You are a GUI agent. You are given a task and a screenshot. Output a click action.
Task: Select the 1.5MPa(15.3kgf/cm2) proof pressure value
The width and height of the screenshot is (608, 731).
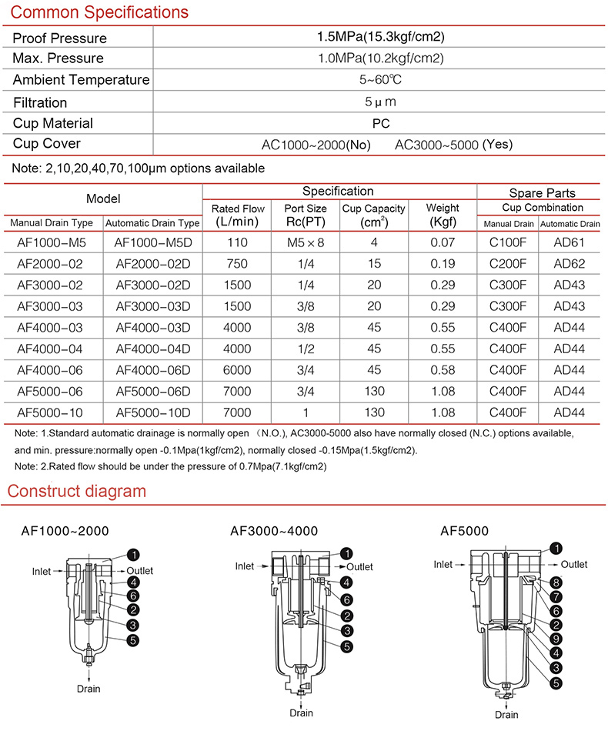point(382,37)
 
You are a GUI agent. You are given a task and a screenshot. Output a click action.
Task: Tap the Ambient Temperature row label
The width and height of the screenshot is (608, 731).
point(81,80)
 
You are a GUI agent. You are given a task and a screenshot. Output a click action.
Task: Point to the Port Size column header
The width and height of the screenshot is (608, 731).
point(306,215)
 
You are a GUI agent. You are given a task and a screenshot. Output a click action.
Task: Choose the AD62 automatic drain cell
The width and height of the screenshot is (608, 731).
point(570,264)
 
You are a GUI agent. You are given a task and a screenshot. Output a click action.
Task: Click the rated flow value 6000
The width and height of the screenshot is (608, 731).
point(236,370)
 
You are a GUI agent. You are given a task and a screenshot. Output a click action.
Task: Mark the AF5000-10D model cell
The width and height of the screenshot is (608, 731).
point(152,412)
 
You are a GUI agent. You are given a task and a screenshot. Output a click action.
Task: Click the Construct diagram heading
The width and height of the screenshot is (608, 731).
point(76,491)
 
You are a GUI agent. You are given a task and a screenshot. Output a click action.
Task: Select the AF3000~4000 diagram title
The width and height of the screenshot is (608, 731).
point(273,531)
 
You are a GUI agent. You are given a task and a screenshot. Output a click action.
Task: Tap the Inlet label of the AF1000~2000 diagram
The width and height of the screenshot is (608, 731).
point(42,571)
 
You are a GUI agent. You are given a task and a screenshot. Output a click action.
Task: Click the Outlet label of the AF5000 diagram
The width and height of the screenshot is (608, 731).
point(573,565)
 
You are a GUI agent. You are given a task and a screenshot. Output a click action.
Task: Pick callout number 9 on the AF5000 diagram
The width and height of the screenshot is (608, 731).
point(556,639)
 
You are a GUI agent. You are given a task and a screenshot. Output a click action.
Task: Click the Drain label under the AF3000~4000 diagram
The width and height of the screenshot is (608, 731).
point(301,713)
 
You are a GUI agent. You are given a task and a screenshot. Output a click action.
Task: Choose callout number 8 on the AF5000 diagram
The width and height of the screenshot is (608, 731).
point(556,582)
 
